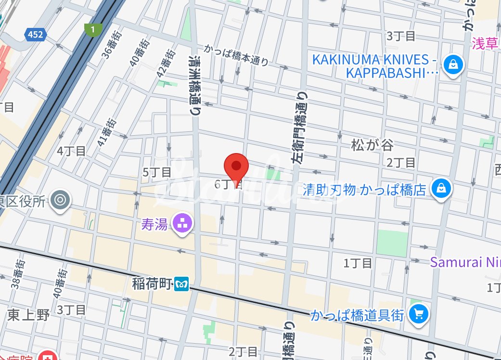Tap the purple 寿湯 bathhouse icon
point(183,223)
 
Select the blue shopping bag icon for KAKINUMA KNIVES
point(453,64)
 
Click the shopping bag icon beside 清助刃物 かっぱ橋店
point(440,189)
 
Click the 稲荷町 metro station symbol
point(181,283)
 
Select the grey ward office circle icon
point(61,200)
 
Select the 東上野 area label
point(28,316)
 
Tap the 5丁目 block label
point(157,172)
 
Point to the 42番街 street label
point(166,64)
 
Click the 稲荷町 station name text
point(152,284)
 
